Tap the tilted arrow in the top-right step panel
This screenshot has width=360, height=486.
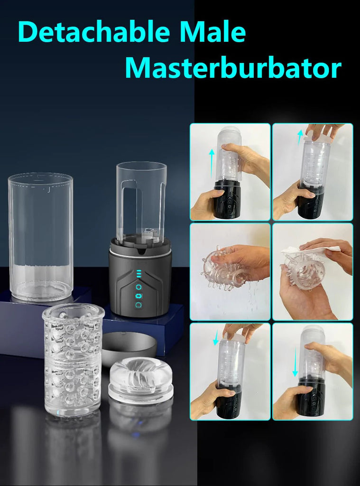point(300,137)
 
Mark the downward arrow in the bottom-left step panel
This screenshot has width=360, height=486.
point(216,337)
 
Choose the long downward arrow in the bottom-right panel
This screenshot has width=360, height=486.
point(295,361)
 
